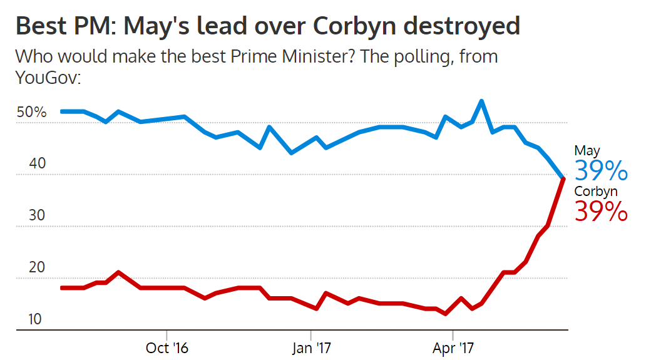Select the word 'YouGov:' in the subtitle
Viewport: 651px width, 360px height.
48,78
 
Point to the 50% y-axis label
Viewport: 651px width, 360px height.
32,113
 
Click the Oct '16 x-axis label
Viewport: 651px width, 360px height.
167,347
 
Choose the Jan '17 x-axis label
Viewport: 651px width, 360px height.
310,347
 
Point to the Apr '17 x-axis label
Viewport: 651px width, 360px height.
453,347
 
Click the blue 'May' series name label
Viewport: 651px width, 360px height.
587,150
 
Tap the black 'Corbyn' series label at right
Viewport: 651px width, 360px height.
596,192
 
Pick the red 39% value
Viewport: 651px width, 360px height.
601,211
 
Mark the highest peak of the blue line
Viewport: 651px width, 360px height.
481,101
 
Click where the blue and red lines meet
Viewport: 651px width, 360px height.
564,178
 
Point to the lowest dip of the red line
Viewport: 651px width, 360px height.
446,314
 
